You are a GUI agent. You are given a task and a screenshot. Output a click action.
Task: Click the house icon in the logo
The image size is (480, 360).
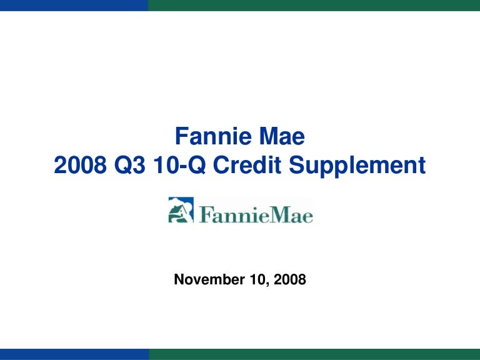[181, 210]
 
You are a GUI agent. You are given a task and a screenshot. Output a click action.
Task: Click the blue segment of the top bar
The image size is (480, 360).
[74, 5]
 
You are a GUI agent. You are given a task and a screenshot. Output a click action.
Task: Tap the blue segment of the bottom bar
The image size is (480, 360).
[74, 354]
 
